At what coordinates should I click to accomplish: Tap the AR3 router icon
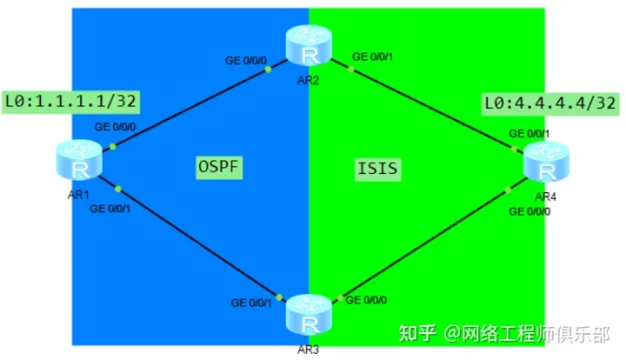[310, 312]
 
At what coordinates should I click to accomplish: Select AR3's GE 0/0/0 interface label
[368, 299]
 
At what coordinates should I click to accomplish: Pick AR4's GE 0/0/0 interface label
[529, 211]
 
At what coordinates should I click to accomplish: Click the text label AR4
[546, 197]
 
